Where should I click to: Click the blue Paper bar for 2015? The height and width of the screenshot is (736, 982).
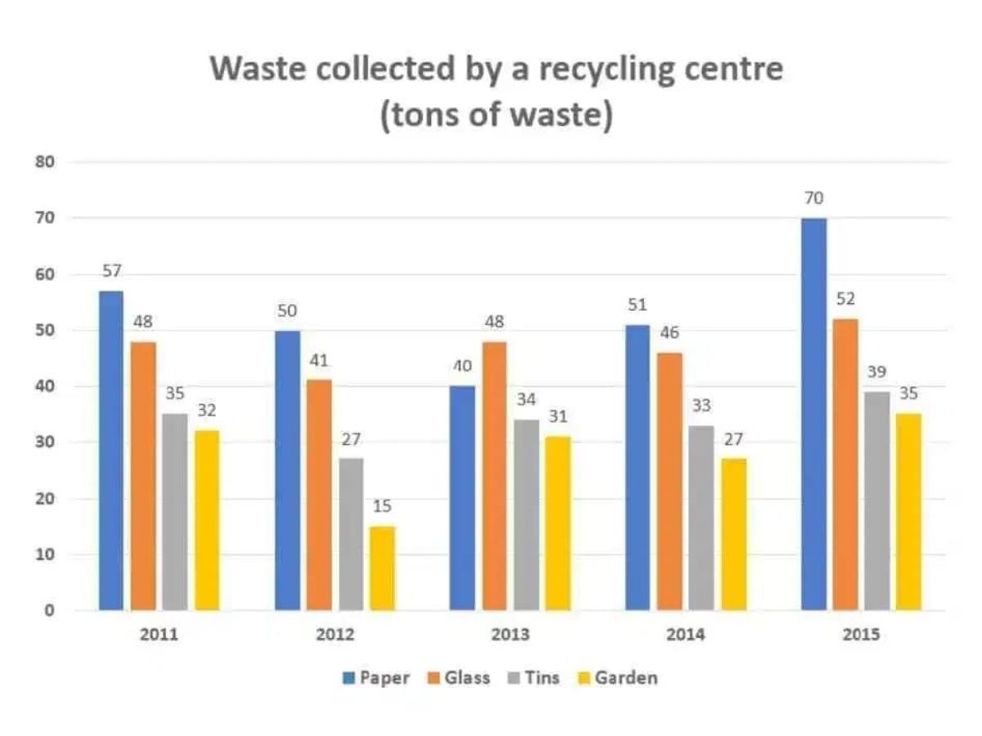tap(813, 414)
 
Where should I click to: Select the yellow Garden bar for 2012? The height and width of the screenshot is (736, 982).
tap(382, 568)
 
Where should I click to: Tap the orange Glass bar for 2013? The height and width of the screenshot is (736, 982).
tap(494, 476)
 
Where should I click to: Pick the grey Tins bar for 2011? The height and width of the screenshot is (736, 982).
tap(174, 512)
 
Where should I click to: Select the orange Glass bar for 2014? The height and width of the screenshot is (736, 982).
tap(669, 481)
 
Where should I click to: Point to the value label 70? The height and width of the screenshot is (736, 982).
tap(813, 198)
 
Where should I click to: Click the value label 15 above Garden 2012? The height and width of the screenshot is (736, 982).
tap(382, 507)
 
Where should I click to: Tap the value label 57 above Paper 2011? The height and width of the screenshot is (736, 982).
tap(111, 272)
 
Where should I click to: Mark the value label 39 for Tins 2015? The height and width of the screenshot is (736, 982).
tap(877, 372)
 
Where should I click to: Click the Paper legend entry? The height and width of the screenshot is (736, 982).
tap(375, 678)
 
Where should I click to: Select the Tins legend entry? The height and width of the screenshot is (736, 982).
tap(532, 678)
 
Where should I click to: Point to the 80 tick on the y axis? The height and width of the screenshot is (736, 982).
tap(44, 162)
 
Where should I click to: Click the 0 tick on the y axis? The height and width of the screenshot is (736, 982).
tap(50, 610)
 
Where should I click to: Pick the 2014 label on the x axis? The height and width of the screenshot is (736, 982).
tap(686, 635)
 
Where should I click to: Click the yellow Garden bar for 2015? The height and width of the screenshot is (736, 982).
tap(909, 512)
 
